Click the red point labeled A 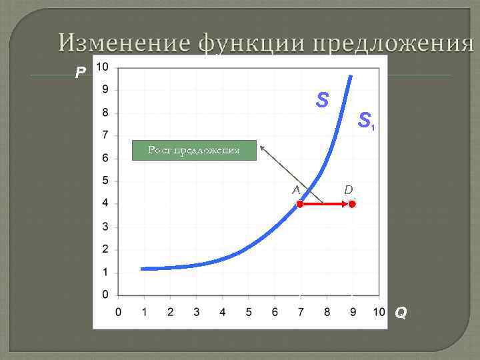pos(300,205)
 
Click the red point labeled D pos(352,205)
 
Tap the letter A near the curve pos(296,190)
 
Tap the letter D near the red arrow pos(348,191)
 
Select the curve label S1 pos(366,121)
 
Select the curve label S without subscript pos(323,101)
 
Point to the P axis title pos(80,73)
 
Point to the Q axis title pos(401,312)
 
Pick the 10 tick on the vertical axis pos(103,67)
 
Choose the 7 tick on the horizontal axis pos(301,312)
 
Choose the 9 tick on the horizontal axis pos(353,312)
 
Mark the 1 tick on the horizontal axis pos(144,312)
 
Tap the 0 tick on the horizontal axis pos(118,312)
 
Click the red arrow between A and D pos(326,205)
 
